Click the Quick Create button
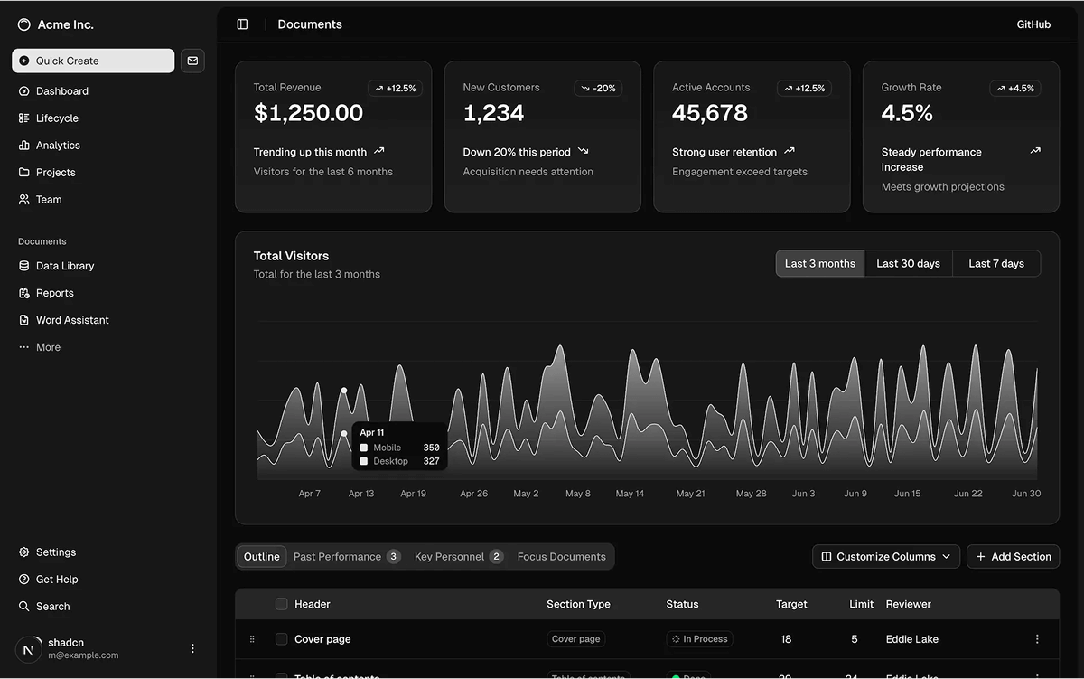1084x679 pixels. [x=93, y=61]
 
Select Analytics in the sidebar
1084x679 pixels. [x=58, y=146]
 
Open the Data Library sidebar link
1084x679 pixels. [x=64, y=266]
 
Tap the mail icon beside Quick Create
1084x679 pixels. [x=192, y=61]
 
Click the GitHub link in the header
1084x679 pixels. [x=1033, y=24]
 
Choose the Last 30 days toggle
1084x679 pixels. [x=908, y=264]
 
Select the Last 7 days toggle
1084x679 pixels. [x=995, y=264]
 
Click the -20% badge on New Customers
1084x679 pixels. [x=598, y=89]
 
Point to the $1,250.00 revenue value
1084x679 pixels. [x=308, y=113]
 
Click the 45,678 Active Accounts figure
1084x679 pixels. [x=710, y=113]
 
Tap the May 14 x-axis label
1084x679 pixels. [x=630, y=494]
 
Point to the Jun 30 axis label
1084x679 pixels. [x=1026, y=494]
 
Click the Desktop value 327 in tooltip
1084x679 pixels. [x=431, y=461]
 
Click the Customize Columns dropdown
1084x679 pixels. [x=885, y=557]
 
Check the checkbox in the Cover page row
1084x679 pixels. [x=282, y=639]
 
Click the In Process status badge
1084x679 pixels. [x=700, y=639]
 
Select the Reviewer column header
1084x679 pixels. [x=908, y=604]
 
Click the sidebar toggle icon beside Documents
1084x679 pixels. [x=242, y=24]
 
